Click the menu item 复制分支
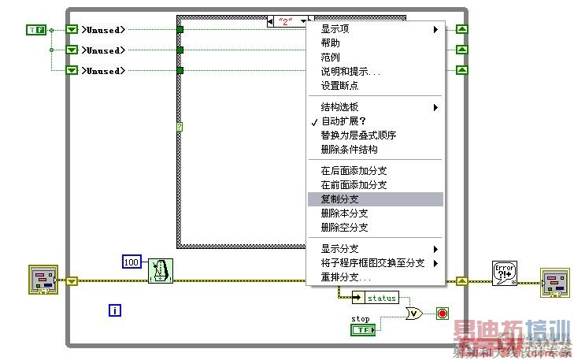[340, 199]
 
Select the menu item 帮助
[331, 43]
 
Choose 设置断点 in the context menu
[339, 86]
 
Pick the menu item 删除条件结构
[349, 149]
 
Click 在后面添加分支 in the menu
[354, 171]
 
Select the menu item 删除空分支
[344, 228]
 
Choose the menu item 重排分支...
[345, 277]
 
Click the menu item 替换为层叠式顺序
[358, 135]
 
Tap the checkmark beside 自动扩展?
[314, 122]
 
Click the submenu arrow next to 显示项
[435, 30]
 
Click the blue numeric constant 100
[131, 261]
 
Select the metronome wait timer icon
[161, 271]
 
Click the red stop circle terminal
[442, 314]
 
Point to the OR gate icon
[414, 314]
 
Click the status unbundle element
[376, 298]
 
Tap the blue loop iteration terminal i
[115, 310]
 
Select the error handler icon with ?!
[503, 273]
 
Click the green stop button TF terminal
[363, 330]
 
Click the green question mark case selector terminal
[180, 126]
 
